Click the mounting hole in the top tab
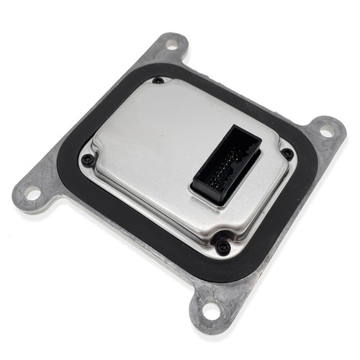pos(171,44)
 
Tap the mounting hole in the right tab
pos(325,132)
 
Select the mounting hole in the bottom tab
pos(210,310)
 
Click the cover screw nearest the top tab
pos(158,80)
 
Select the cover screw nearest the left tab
pos(87,159)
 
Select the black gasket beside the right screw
pos(299,173)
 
